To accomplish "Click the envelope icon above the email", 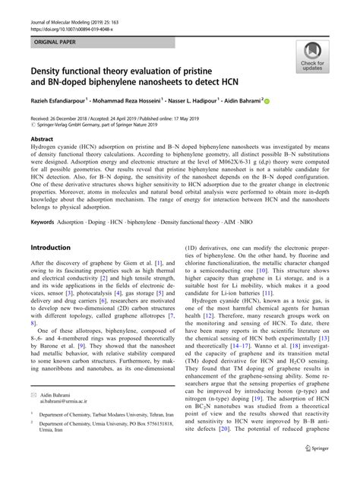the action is click(x=34, y=395).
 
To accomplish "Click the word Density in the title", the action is click(x=49, y=70).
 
